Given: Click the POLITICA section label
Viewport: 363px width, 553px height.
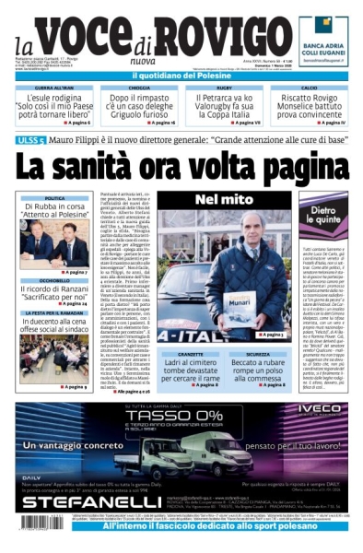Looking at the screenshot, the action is pyautogui.click(x=54, y=198).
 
